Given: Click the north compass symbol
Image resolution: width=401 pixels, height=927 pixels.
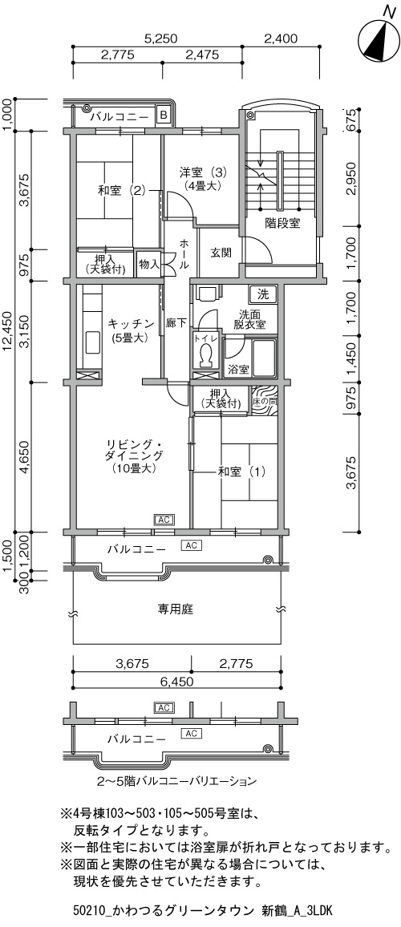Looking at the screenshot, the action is (x=379, y=39).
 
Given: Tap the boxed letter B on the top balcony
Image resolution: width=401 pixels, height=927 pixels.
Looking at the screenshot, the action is (x=164, y=115).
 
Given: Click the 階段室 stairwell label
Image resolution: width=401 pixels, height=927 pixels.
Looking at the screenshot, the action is (x=282, y=224).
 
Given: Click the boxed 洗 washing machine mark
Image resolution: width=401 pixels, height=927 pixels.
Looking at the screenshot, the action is (x=262, y=293).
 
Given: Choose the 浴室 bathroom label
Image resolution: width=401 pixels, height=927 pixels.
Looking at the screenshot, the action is (x=237, y=370).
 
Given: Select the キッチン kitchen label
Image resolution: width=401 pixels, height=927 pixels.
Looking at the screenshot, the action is (x=132, y=323).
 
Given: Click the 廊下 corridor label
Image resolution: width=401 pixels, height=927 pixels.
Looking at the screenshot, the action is (x=177, y=323).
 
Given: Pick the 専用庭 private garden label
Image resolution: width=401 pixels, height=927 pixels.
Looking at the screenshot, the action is (x=176, y=609).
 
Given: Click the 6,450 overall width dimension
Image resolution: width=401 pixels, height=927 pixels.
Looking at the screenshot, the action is (x=177, y=681).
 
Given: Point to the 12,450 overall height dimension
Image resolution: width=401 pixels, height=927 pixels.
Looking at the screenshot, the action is (x=8, y=331).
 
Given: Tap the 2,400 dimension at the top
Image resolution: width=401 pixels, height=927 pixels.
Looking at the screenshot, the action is (x=281, y=39).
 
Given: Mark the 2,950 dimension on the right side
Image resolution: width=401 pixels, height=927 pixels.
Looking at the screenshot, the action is (x=351, y=179).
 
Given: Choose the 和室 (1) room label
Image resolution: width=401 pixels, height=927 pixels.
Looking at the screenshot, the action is (x=241, y=472).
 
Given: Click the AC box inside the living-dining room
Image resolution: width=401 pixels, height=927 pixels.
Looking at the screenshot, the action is (x=164, y=520).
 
